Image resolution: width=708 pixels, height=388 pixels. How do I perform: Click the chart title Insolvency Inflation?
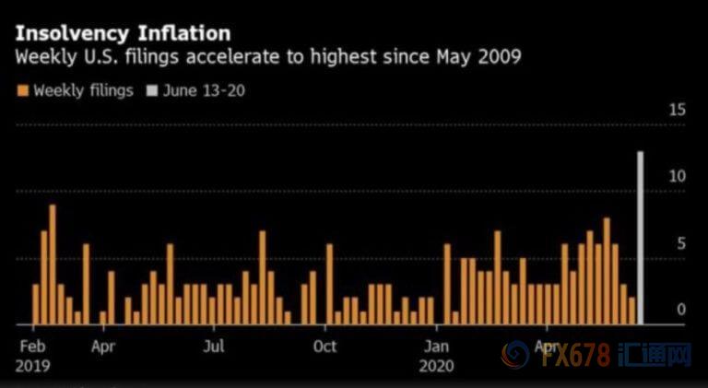coord(123,34)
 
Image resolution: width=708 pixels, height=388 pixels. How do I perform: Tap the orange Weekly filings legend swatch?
coord(22,90)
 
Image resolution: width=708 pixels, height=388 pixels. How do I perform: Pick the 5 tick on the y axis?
coord(681,243)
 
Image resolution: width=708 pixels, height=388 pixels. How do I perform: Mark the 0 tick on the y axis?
coord(681,310)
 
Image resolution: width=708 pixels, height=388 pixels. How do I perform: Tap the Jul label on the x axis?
coord(214,347)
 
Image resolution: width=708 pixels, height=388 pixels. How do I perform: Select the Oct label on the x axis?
coord(324,347)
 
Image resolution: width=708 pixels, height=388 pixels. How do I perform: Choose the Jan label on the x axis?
coord(436,347)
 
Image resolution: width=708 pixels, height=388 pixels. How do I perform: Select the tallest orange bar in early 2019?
coord(53,265)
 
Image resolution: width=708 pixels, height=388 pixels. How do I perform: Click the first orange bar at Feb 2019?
coord(36,304)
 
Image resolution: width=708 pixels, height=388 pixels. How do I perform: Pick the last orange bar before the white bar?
coord(631,311)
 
